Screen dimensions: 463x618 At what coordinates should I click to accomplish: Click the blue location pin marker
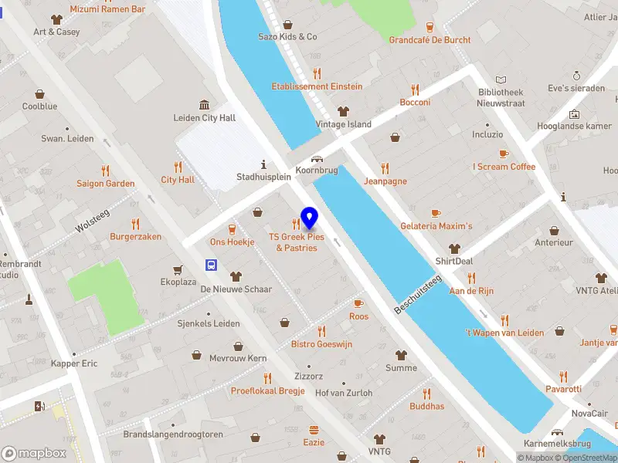(310, 218)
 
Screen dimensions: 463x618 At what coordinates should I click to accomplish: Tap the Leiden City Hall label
(205, 118)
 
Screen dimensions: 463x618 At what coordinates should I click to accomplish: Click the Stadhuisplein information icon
(264, 164)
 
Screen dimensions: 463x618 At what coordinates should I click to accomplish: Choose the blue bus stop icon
(211, 265)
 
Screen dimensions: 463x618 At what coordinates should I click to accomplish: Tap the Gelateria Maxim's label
(436, 226)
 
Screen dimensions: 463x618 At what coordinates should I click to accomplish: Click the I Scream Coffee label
(504, 167)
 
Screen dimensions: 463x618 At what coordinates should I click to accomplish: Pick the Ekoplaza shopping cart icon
(178, 269)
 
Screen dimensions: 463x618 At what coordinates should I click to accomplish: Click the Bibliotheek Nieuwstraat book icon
(501, 79)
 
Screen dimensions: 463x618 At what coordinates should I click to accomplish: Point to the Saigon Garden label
(105, 184)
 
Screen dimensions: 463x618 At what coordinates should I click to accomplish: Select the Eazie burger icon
(314, 430)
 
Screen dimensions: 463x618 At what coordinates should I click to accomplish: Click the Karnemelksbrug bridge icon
(556, 433)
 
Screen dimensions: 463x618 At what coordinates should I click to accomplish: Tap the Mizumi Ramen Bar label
(107, 9)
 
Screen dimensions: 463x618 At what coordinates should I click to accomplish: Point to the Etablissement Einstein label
(317, 86)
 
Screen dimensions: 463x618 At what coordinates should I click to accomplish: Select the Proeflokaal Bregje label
(267, 390)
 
